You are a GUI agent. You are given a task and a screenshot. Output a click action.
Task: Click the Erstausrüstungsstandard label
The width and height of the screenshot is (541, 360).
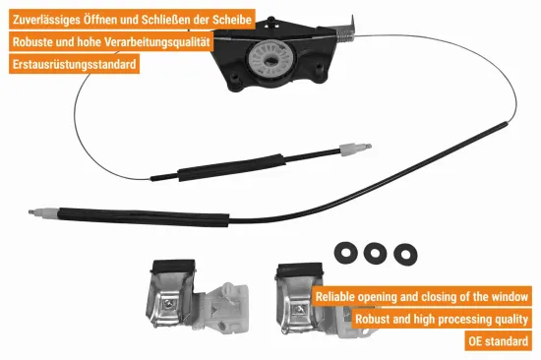tap(73, 66)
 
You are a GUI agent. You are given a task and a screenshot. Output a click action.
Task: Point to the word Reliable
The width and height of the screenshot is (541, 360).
tap(340, 296)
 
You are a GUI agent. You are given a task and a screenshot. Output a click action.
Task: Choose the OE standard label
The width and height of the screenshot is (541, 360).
tap(500, 341)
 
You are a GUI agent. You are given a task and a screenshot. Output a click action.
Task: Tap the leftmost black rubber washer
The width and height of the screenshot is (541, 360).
tap(345, 252)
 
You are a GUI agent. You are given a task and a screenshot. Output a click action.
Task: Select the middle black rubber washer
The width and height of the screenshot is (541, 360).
tap(374, 253)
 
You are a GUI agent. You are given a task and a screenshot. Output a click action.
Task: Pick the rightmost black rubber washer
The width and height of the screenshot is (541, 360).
tap(403, 254)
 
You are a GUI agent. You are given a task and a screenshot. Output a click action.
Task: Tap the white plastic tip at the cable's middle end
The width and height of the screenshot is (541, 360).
tap(353, 150)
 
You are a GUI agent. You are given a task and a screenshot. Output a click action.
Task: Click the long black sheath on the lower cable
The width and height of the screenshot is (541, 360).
tap(138, 210)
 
